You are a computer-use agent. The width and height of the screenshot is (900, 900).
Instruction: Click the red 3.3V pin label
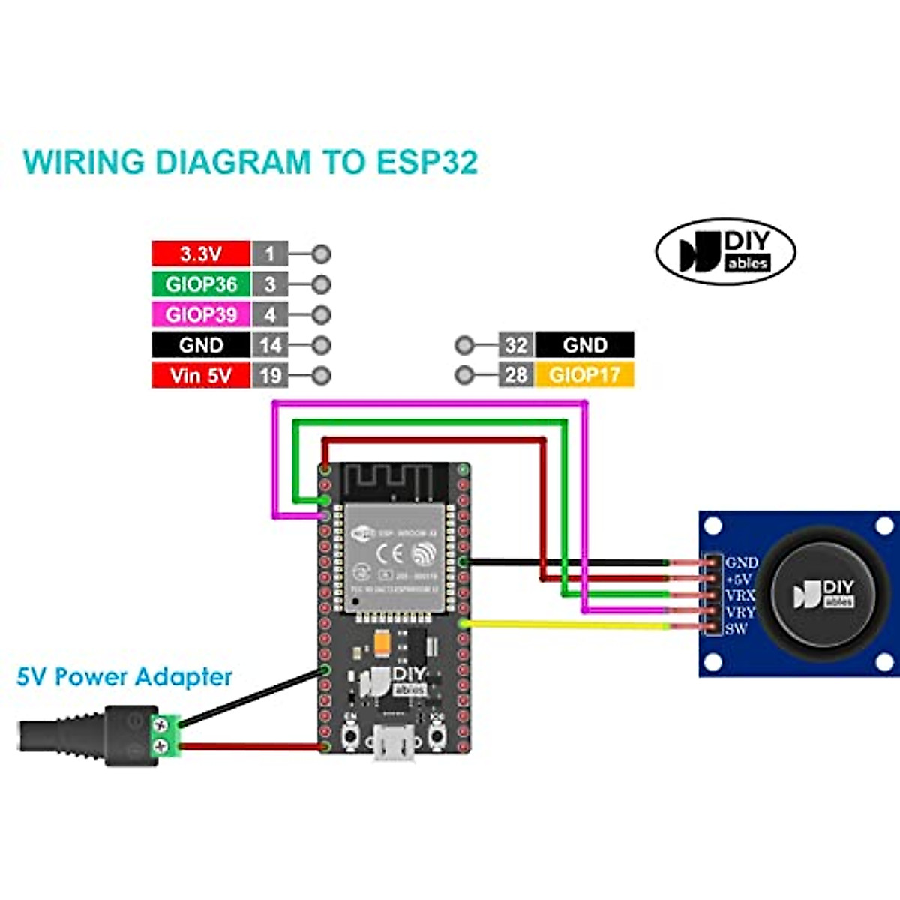[x=200, y=253]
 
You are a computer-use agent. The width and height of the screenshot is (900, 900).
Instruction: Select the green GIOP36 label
[x=200, y=284]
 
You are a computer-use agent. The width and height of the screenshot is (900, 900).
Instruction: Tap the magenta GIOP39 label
[x=200, y=314]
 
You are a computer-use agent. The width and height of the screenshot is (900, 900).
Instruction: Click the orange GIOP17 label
[x=585, y=374]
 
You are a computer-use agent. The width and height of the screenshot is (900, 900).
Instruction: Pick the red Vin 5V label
[x=200, y=374]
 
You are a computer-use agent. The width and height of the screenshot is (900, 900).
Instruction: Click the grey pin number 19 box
[x=270, y=374]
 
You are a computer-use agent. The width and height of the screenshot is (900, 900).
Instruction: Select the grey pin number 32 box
[x=516, y=345]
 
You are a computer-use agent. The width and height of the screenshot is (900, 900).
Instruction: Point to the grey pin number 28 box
[x=516, y=374]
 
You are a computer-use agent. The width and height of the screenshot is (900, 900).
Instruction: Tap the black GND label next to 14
[x=200, y=345]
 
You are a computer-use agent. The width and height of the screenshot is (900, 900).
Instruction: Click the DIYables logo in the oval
[x=725, y=251]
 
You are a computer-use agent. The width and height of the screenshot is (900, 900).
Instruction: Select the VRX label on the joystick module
[x=739, y=595]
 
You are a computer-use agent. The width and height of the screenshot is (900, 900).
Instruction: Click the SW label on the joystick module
[x=736, y=628]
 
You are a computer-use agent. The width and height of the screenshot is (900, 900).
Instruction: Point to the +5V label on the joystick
[x=739, y=579]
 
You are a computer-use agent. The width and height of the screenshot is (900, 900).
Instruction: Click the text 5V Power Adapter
[x=124, y=677]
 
